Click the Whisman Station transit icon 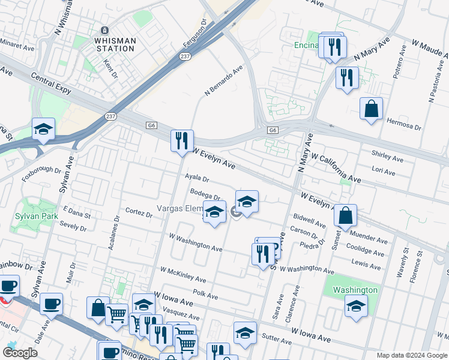click(x=105, y=31)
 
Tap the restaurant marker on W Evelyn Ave click(x=182, y=142)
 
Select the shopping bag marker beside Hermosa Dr click(x=372, y=109)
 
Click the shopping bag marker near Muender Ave click(x=346, y=215)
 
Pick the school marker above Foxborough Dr click(x=43, y=130)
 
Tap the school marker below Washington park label click(x=356, y=307)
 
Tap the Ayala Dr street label click(x=197, y=178)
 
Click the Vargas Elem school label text click(x=181, y=208)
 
